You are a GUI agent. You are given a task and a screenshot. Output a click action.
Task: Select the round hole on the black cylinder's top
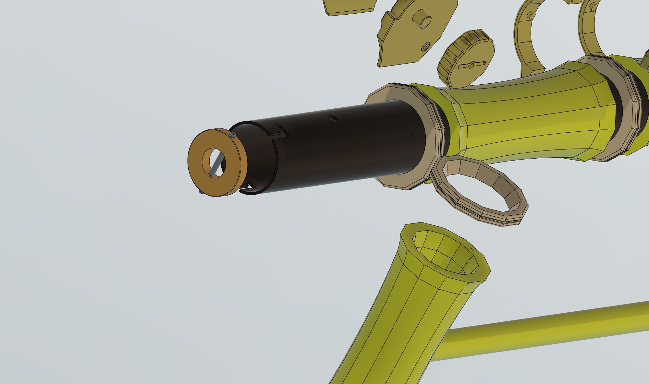pos(333,119)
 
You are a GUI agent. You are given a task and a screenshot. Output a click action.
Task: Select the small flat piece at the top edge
pos(350,6)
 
